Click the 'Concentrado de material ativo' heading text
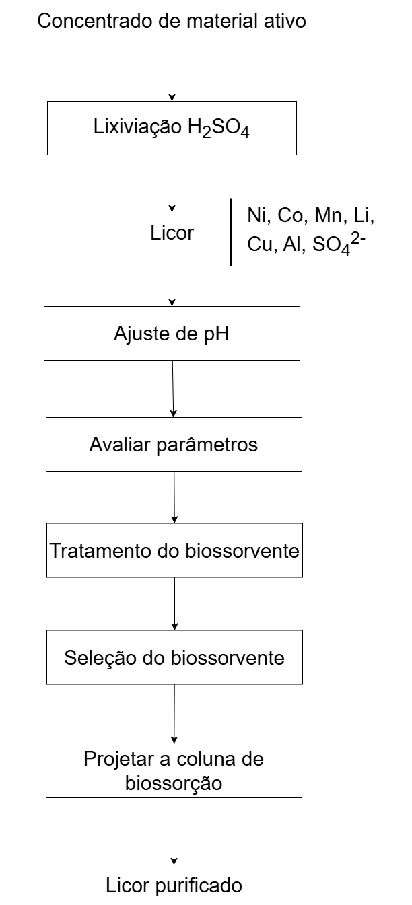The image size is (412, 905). (x=172, y=21)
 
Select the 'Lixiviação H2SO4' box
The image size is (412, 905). (x=172, y=128)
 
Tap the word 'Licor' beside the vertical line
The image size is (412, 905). (x=172, y=233)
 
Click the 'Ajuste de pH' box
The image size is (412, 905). (x=172, y=333)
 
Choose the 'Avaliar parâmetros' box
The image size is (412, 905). (x=174, y=444)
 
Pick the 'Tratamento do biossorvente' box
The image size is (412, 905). (x=174, y=550)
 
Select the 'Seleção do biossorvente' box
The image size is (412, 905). (x=174, y=657)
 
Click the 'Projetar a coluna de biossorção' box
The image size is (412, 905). (x=174, y=770)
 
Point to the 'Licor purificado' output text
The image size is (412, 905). (x=174, y=885)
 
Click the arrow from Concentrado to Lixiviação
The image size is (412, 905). (x=172, y=71)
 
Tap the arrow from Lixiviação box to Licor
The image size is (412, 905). (x=172, y=184)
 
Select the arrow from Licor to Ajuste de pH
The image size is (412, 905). (x=172, y=279)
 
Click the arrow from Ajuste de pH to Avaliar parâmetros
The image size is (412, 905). (x=173, y=389)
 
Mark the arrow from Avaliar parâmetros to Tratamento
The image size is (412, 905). (x=174, y=497)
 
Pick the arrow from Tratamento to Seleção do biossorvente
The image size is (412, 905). (x=174, y=604)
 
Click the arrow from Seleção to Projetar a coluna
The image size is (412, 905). (x=174, y=714)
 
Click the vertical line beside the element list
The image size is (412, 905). (x=231, y=232)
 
